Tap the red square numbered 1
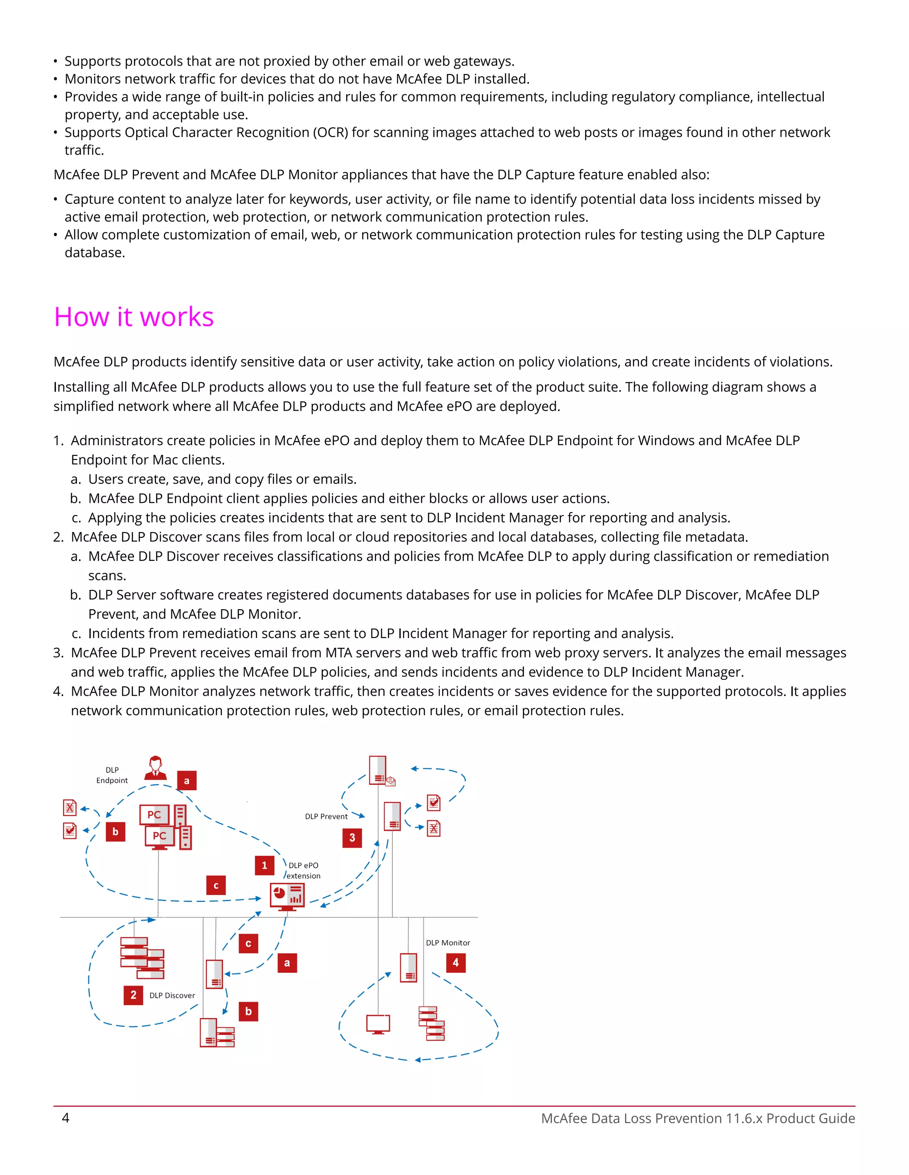265,865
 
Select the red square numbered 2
133,995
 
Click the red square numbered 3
352,838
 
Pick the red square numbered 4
455,963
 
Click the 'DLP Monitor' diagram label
447,943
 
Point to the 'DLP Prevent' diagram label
326,816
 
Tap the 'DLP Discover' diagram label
172,995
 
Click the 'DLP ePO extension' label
303,870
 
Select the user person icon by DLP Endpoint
156,768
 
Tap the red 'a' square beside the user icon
187,781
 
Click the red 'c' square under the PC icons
216,885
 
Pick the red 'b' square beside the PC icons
115,832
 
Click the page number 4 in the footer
66,1118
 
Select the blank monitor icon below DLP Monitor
378,1024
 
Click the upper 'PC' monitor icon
154,815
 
